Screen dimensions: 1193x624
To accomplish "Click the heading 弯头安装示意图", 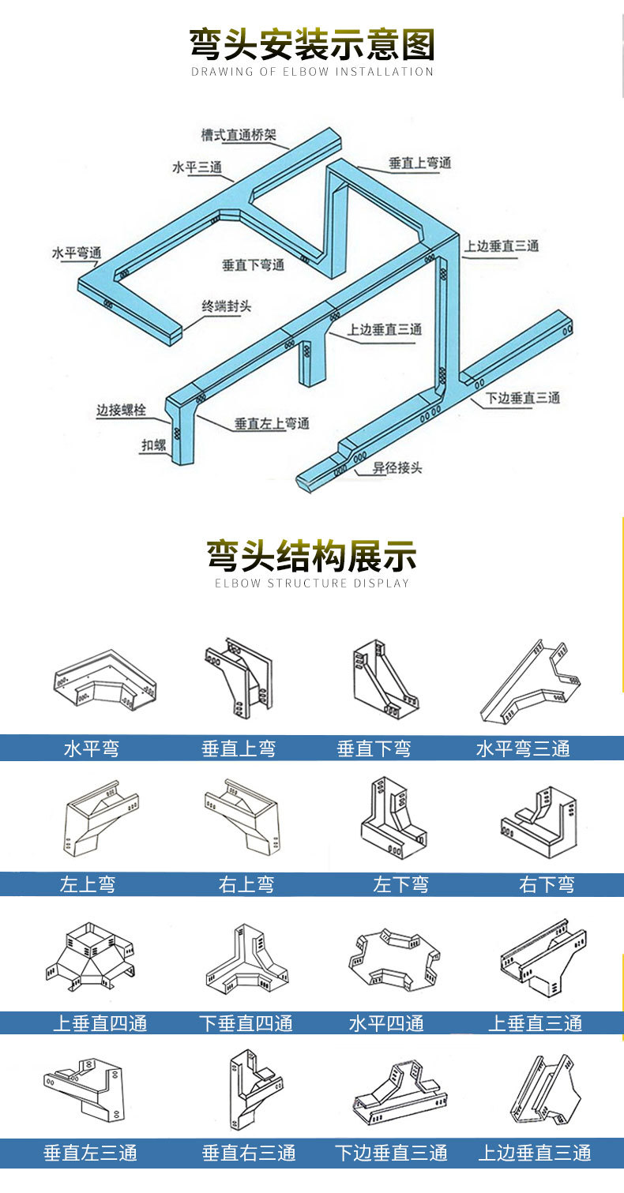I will coord(312,44).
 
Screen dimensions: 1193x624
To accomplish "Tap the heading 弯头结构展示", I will coord(312,556).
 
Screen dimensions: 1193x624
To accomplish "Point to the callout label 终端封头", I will coord(227,306).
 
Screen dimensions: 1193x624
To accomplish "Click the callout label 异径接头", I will coord(398,467).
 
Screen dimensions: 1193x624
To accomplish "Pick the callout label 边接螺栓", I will coord(122,410).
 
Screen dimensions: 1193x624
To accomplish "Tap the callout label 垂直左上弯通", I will coord(272,424).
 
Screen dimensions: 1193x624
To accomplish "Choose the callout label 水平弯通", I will coord(77,253).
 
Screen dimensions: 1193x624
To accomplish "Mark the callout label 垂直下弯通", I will coord(253,265).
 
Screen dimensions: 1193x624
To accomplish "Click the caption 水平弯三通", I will coord(523,748).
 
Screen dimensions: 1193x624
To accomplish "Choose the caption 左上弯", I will coord(87,884).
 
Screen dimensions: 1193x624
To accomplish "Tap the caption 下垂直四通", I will coord(246,1024).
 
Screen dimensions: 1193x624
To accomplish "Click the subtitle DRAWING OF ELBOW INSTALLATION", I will coord(312,72).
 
